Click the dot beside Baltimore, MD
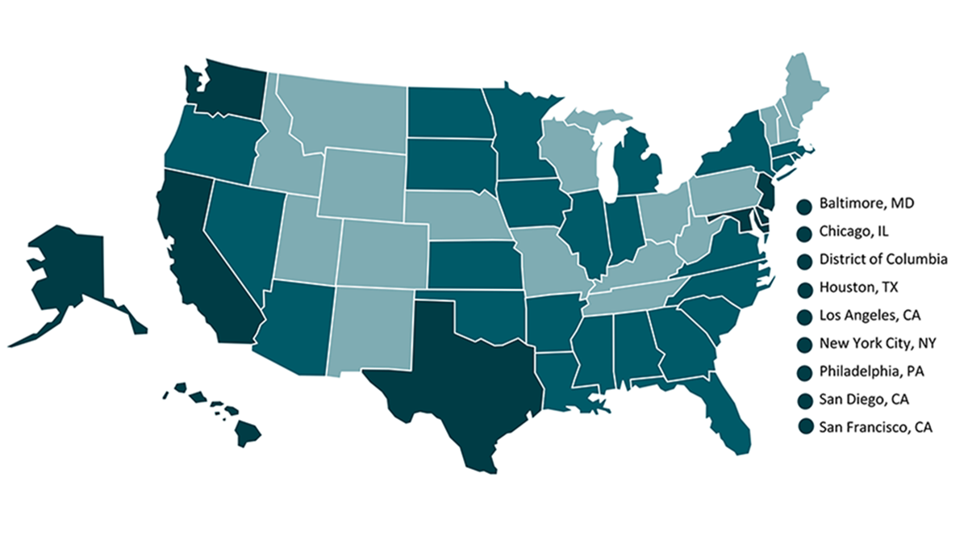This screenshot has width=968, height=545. click(x=803, y=207)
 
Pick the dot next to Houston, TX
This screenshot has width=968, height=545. click(x=803, y=288)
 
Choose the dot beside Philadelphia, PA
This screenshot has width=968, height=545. click(x=803, y=372)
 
